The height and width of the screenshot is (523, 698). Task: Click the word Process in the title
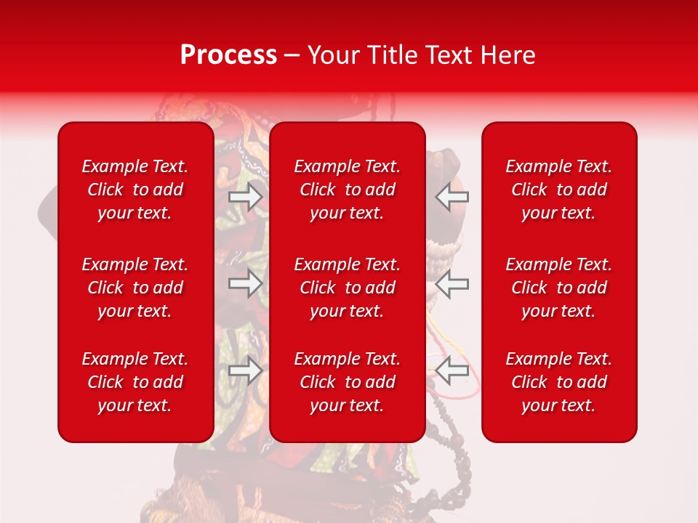pyautogui.click(x=228, y=55)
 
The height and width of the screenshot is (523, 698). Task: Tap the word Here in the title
pyautogui.click(x=506, y=55)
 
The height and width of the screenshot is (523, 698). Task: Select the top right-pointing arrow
pyautogui.click(x=246, y=197)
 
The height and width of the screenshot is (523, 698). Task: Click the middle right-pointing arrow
pyautogui.click(x=246, y=283)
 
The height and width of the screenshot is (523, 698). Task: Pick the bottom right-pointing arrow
pyautogui.click(x=246, y=371)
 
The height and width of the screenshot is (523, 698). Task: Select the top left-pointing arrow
pyautogui.click(x=452, y=197)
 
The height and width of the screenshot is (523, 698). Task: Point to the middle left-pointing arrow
pyautogui.click(x=452, y=283)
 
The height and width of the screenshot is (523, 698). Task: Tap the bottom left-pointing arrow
pyautogui.click(x=452, y=371)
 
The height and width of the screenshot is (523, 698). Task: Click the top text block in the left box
pyautogui.click(x=135, y=190)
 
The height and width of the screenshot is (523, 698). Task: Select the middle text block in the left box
pyautogui.click(x=135, y=288)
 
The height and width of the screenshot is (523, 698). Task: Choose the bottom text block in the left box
pyautogui.click(x=135, y=382)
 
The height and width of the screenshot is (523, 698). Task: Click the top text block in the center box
pyautogui.click(x=348, y=190)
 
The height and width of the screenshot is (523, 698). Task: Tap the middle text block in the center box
pyautogui.click(x=348, y=288)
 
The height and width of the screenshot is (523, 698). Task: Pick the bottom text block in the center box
pyautogui.click(x=348, y=382)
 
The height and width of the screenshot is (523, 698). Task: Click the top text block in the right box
pyautogui.click(x=559, y=190)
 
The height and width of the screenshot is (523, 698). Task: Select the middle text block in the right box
pyautogui.click(x=559, y=288)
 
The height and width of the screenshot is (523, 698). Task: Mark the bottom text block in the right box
pyautogui.click(x=559, y=382)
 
